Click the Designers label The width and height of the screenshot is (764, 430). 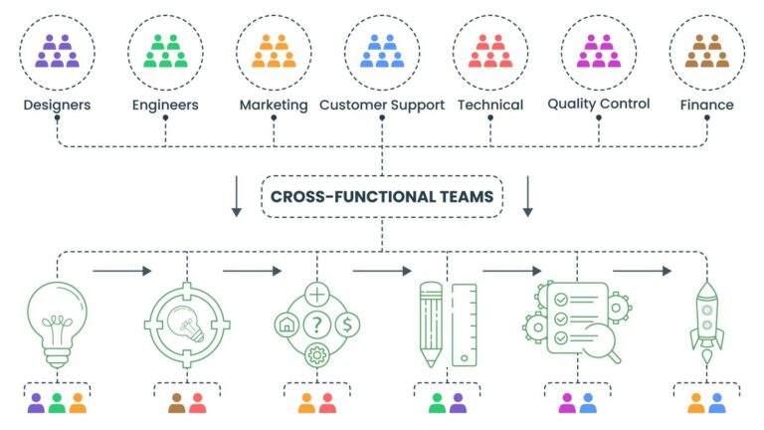point(57,105)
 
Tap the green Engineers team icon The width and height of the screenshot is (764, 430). point(165,51)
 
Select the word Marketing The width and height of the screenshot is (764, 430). point(274,106)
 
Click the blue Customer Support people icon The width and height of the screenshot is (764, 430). point(382,51)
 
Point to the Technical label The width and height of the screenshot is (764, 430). point(490,105)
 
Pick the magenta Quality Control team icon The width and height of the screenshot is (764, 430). point(599,51)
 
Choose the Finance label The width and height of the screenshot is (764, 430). point(707,105)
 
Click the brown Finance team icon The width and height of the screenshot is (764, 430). point(707,51)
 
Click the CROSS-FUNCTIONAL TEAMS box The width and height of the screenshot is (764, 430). point(382,196)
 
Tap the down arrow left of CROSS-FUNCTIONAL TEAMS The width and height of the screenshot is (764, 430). point(237,196)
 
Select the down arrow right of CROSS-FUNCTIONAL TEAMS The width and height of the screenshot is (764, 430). point(527,196)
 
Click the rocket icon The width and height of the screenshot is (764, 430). point(707,322)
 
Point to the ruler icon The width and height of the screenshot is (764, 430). point(465,325)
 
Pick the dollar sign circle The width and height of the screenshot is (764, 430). point(347,324)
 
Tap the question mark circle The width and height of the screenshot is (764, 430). point(317,324)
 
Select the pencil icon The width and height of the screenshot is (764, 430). point(431,324)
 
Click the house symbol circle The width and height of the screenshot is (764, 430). point(286,324)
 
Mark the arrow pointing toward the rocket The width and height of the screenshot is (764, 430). point(643,271)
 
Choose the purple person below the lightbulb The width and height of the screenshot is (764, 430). point(36,403)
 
